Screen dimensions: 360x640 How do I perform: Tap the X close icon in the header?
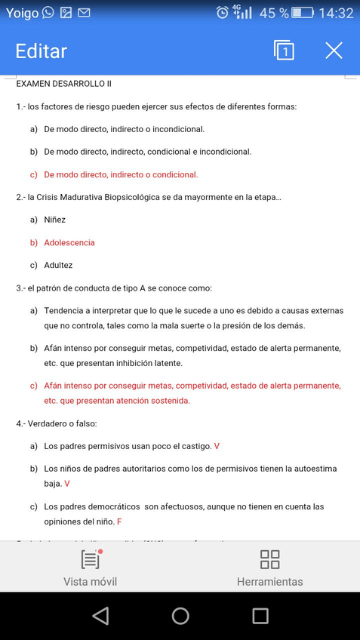[x=334, y=51]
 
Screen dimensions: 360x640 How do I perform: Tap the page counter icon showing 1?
[x=284, y=51]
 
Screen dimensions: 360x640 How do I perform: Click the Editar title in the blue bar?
[x=42, y=51]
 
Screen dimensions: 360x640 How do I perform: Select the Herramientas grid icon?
[x=269, y=559]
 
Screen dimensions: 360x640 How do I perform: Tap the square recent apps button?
[x=260, y=616]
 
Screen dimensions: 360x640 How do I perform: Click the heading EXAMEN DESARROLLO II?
[x=63, y=84]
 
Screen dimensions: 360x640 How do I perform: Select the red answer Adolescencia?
[x=69, y=243]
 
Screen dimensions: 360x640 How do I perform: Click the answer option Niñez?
[x=55, y=220]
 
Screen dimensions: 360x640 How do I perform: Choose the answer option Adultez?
[x=58, y=266]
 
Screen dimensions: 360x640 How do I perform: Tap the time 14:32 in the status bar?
[x=336, y=13]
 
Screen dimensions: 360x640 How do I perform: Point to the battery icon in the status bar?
[x=303, y=13]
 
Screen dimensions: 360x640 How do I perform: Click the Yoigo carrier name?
[x=22, y=13]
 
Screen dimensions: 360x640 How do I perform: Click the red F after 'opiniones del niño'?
[x=119, y=522]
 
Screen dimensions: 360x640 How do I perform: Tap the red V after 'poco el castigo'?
[x=217, y=446]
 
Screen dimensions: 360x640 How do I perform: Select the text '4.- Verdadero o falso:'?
[x=57, y=423]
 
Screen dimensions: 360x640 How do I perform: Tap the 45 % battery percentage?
[x=274, y=13]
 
